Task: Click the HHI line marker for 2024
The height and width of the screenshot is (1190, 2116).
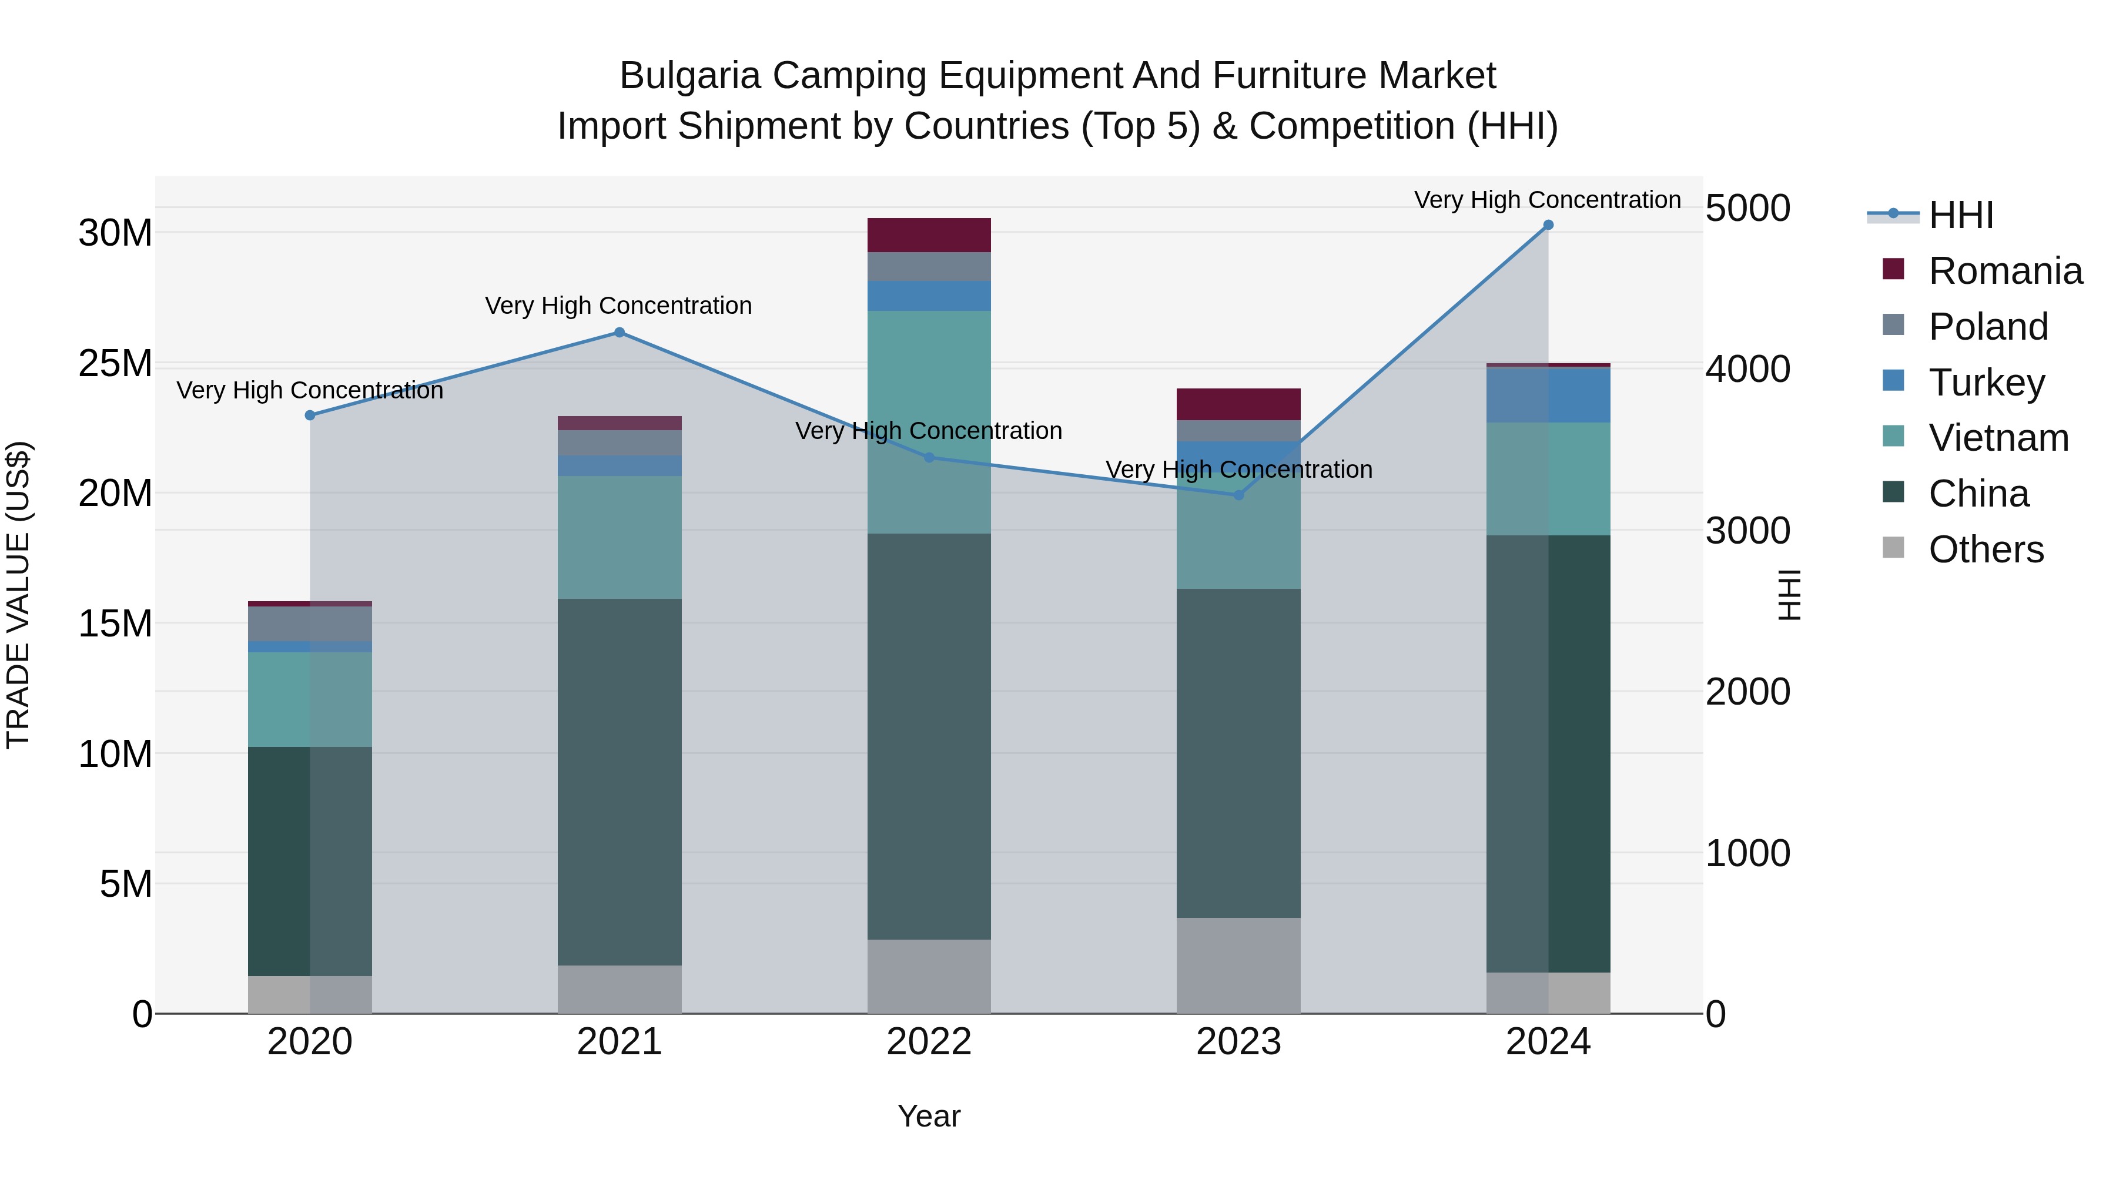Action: pos(1548,225)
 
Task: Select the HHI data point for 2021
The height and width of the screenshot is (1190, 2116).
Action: pos(620,333)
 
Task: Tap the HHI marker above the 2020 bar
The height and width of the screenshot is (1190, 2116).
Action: pos(310,415)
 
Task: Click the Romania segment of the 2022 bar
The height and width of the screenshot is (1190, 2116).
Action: pos(929,235)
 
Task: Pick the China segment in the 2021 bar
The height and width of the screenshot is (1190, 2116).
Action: pos(620,780)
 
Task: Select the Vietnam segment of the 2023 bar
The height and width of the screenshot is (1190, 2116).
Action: pos(1238,542)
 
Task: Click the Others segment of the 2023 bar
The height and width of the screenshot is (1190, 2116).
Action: pos(1238,965)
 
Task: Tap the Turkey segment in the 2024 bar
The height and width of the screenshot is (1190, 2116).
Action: pos(1548,395)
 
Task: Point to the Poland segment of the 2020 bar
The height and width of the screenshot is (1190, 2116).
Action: pos(310,624)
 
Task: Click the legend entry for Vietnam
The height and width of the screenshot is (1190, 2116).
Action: pos(1998,438)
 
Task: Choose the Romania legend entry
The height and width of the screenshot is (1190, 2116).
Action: pos(2004,271)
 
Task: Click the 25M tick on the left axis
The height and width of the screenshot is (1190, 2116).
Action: pos(115,363)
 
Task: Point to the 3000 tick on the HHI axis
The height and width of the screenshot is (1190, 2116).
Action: pos(1747,531)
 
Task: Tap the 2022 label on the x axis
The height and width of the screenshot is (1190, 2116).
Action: pos(929,1042)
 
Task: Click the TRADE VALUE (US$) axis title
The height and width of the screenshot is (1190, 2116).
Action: pos(19,595)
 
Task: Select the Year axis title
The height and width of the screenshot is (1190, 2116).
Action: pos(929,1116)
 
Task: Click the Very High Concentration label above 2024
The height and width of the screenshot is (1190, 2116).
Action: pos(1548,200)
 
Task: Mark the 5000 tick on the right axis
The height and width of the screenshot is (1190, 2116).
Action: pos(1747,209)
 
